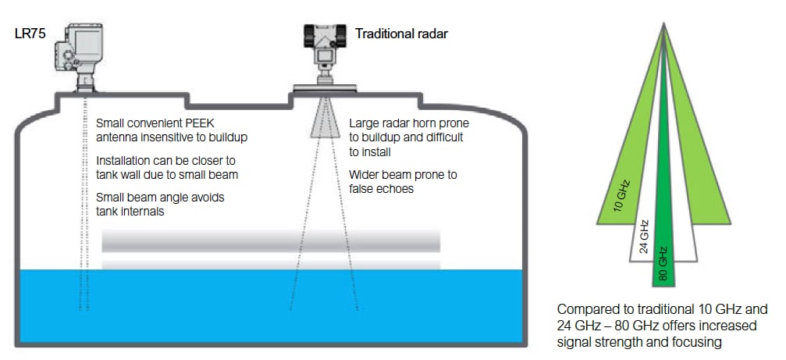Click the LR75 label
click(30, 34)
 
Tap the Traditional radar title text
click(401, 34)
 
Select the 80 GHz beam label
click(663, 263)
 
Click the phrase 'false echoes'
click(382, 189)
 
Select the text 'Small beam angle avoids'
click(160, 198)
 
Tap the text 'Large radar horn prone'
click(409, 123)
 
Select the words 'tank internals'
click(130, 211)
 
